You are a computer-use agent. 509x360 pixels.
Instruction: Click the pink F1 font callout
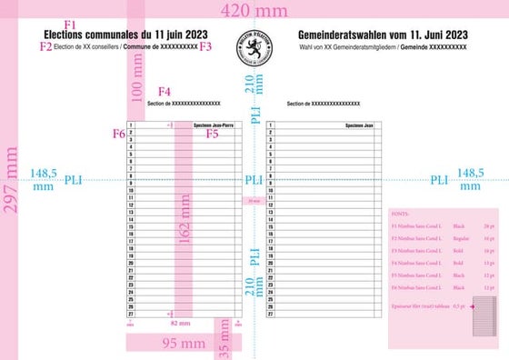tap(71, 23)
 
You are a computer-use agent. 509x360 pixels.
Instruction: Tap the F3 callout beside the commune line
tap(206, 45)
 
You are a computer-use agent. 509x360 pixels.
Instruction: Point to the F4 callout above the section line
tap(165, 92)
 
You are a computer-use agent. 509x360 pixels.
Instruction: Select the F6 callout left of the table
tap(118, 134)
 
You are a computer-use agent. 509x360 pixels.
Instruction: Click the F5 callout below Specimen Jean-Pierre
tap(212, 134)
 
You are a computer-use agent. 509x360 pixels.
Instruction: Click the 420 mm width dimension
tap(254, 10)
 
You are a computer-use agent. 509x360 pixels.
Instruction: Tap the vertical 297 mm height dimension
tap(12, 182)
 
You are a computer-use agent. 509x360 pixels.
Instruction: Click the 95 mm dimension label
tap(184, 344)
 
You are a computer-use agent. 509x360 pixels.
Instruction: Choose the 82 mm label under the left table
tap(181, 323)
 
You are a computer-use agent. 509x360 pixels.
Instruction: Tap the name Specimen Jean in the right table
tap(363, 125)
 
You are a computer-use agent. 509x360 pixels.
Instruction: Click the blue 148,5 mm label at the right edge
tap(470, 179)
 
